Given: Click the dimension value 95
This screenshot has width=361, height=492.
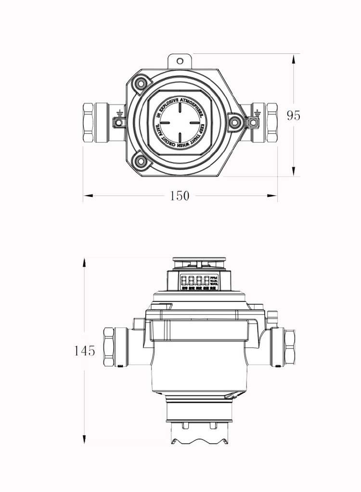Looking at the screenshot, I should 293,115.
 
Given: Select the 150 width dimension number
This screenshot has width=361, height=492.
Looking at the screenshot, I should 180,196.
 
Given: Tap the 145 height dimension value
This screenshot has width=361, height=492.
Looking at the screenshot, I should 85,350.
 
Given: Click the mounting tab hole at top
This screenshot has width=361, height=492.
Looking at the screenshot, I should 180,61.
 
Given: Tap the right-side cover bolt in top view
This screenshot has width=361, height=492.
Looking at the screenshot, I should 234,122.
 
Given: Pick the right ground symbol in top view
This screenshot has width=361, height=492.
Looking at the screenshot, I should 256,114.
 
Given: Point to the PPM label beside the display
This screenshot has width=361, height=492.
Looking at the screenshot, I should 214,278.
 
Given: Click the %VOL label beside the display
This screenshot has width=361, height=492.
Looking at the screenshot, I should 214,285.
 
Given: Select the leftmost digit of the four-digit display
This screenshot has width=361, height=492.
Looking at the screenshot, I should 184,281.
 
